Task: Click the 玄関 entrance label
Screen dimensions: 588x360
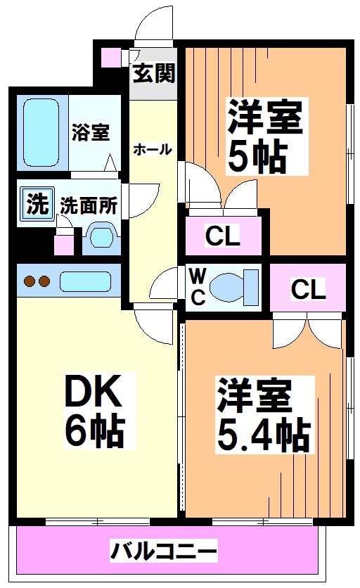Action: click(153, 73)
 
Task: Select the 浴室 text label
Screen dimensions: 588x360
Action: click(91, 131)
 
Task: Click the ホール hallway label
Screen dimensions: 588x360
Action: click(152, 149)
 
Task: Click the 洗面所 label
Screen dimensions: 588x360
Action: click(88, 205)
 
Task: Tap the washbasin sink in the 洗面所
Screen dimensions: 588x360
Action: click(101, 238)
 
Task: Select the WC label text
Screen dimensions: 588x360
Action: click(198, 287)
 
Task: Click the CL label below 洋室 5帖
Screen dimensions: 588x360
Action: click(222, 236)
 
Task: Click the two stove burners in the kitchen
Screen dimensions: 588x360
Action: click(37, 282)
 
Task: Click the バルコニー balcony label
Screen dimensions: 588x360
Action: click(163, 550)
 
